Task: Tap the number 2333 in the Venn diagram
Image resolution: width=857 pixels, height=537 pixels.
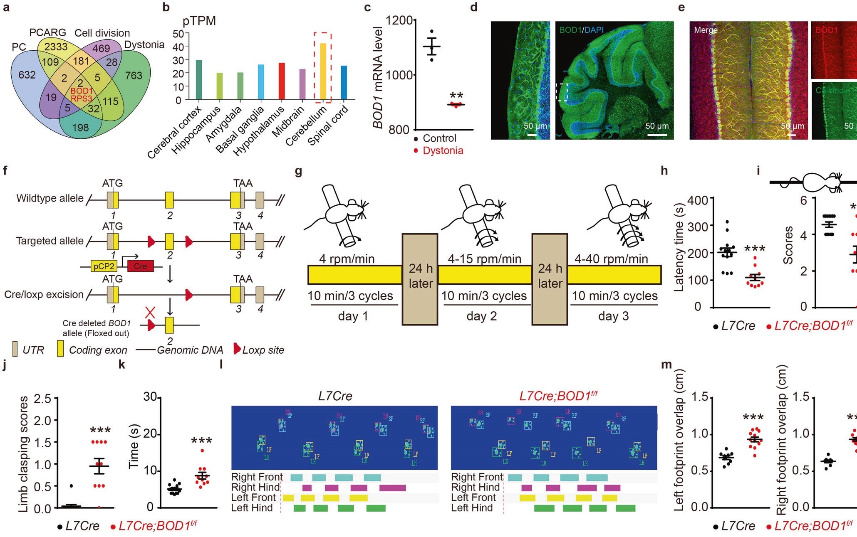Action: [56, 47]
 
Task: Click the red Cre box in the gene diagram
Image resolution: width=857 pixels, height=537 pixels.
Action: [140, 266]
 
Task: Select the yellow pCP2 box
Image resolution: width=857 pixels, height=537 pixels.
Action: [104, 266]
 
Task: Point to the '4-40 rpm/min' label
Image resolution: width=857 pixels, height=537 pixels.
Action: [611, 259]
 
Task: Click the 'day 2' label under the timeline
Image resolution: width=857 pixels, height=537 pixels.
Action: [481, 316]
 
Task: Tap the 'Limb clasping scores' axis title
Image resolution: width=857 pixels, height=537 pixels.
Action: [24, 454]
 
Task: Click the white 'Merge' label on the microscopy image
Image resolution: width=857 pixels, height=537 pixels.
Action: [706, 30]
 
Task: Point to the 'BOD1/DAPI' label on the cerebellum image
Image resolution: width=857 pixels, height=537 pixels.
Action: [581, 30]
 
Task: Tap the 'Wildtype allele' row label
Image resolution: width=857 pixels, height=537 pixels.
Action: [50, 198]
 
